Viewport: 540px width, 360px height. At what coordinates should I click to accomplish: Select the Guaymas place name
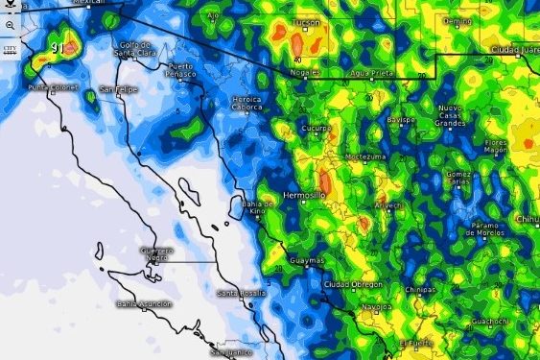[x=308, y=260]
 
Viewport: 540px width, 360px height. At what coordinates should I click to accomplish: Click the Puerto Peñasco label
[x=179, y=70]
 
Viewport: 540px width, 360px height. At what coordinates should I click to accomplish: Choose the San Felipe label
[x=120, y=89]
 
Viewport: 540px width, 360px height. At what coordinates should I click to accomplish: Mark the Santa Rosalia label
[x=239, y=293]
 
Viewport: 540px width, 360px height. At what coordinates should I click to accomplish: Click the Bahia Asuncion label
[x=140, y=303]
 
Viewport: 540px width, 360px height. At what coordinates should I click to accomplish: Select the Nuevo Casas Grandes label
[x=449, y=115]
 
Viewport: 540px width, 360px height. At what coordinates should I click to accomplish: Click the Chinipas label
[x=422, y=288]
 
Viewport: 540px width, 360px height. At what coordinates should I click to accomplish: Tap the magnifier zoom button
[x=10, y=24]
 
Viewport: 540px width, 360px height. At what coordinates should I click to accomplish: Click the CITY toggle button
[x=10, y=47]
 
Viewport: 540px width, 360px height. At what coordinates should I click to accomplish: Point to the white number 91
[x=59, y=48]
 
